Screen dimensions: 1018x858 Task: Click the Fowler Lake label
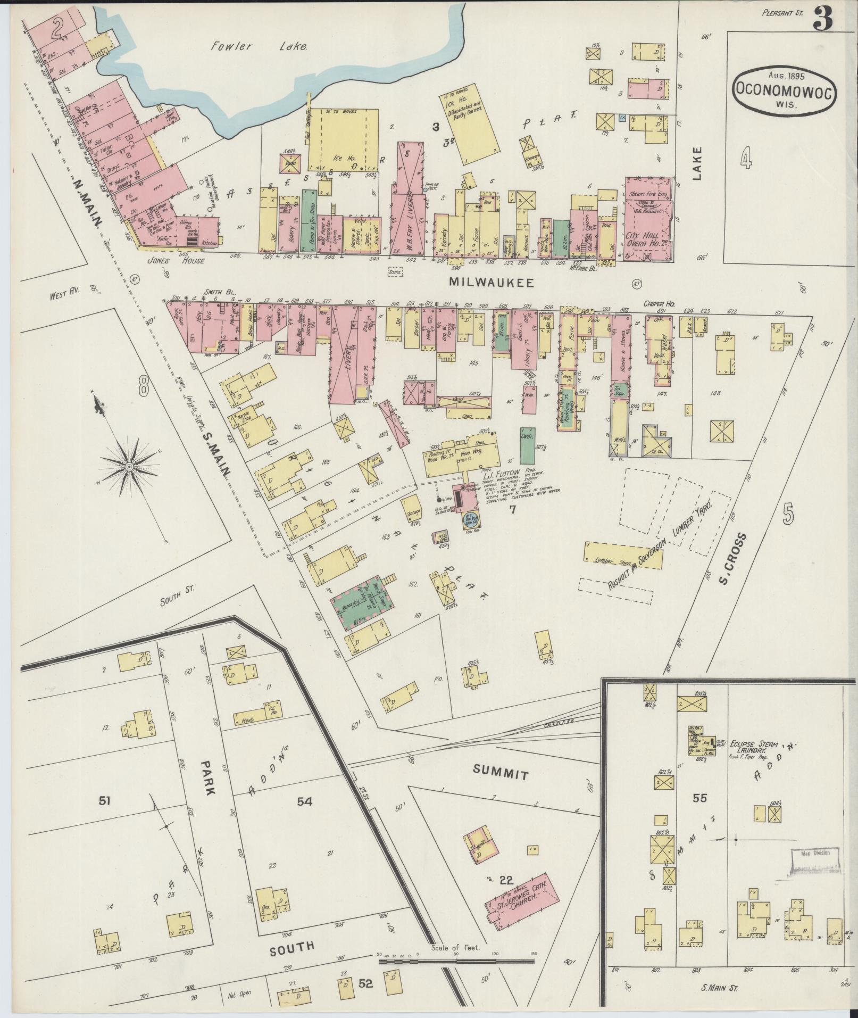click(259, 47)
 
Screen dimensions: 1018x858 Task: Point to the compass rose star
click(129, 466)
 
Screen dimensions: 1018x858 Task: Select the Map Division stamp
click(813, 862)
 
